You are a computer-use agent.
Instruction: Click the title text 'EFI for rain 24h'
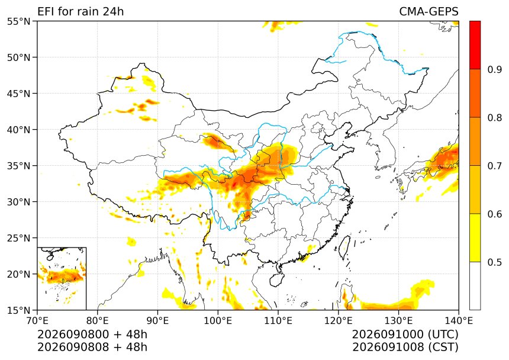click(x=80, y=11)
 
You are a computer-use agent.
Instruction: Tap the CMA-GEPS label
click(x=429, y=11)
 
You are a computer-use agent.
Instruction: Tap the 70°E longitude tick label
click(x=37, y=321)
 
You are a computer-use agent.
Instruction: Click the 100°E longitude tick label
click(x=218, y=321)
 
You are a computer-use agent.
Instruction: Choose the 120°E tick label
click(x=339, y=321)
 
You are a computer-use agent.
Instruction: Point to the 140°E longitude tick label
click(x=459, y=321)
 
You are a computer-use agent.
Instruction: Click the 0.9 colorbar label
click(x=494, y=69)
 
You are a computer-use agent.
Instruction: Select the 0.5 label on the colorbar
click(x=494, y=262)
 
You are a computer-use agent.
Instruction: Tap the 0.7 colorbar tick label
click(x=494, y=166)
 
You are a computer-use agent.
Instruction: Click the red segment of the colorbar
click(x=475, y=45)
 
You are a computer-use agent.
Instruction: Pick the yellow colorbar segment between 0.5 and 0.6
click(x=475, y=237)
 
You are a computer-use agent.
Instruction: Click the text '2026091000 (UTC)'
click(x=405, y=335)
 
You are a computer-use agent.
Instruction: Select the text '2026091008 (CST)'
click(x=405, y=347)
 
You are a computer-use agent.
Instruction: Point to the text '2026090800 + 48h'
click(x=92, y=335)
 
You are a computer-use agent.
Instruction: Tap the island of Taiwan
click(x=344, y=247)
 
